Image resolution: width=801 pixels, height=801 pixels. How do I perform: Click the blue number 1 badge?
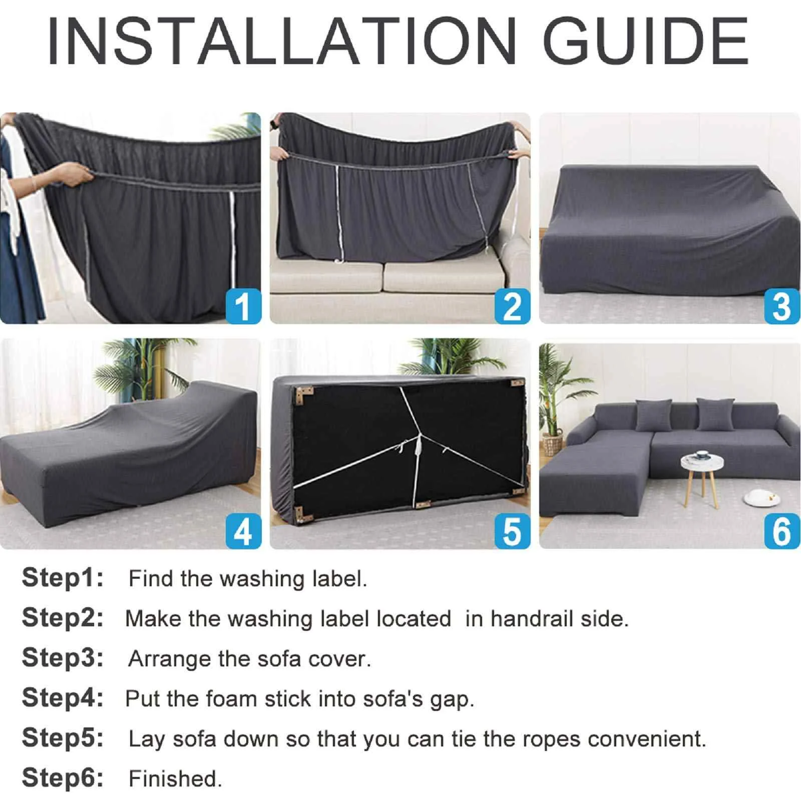click(x=243, y=306)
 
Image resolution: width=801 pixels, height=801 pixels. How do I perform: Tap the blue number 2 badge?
click(x=512, y=306)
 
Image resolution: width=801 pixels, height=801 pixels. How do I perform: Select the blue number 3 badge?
click(x=781, y=306)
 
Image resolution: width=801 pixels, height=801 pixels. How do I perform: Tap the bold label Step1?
click(x=63, y=578)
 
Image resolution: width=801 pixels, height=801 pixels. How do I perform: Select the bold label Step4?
click(x=63, y=698)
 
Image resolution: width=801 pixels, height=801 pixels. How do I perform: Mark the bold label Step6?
click(x=63, y=778)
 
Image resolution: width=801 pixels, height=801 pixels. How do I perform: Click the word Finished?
click(x=175, y=779)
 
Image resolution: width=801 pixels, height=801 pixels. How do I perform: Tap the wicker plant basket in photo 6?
click(x=553, y=445)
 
